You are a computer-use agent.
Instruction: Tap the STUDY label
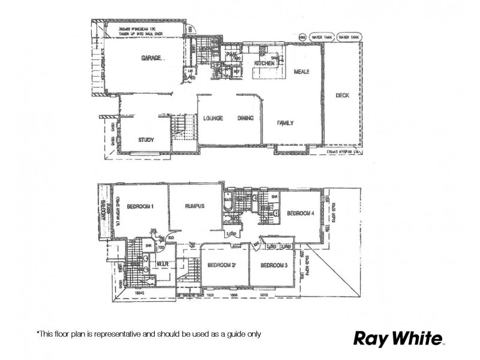point(146,140)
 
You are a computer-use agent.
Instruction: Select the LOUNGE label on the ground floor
point(213,118)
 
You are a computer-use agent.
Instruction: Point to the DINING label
point(246,118)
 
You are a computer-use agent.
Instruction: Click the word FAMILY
point(284,123)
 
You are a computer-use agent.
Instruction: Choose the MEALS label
point(301,71)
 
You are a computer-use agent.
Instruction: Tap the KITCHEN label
point(265,63)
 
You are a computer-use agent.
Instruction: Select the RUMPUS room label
point(195,206)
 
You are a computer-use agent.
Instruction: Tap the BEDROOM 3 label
point(275,265)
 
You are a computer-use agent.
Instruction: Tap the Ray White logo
point(397,337)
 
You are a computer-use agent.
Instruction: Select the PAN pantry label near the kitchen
point(230,55)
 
